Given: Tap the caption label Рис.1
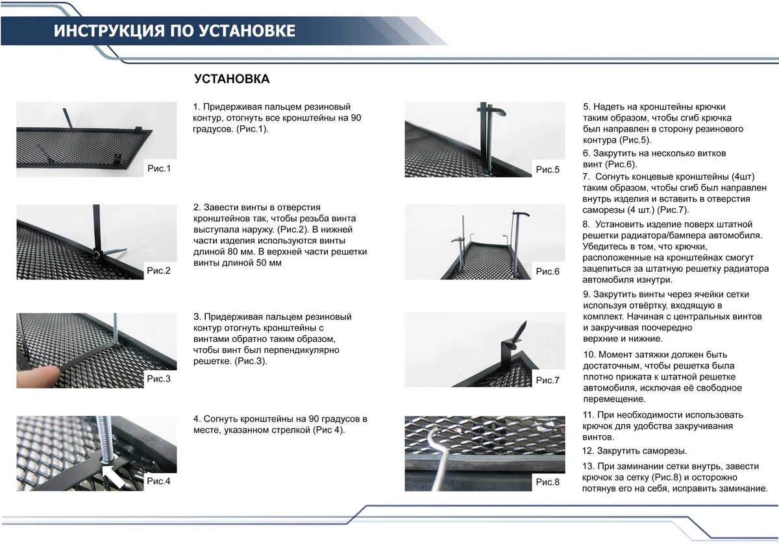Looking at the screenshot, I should click(159, 169).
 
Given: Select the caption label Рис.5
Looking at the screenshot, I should click(547, 169).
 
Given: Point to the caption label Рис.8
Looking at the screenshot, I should click(547, 482).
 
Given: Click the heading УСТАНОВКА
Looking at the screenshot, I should click(232, 78).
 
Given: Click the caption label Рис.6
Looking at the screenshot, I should click(547, 271).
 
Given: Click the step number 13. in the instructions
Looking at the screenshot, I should click(589, 467).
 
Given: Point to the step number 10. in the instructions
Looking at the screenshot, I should click(591, 355).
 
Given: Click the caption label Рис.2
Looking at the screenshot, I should click(159, 270).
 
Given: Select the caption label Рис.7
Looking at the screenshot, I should click(547, 380).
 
